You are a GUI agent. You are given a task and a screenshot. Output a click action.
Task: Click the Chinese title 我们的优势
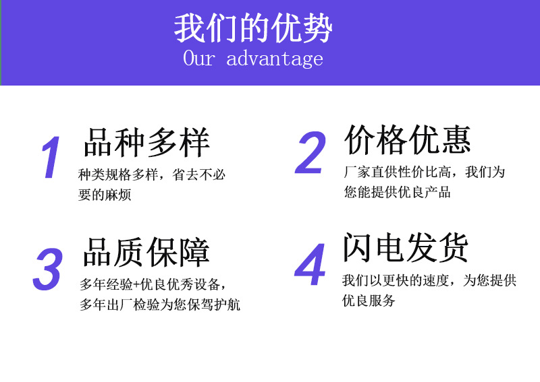253,29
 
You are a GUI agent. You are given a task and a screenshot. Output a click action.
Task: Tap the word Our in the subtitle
199,59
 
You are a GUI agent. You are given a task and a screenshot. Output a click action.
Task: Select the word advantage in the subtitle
275,59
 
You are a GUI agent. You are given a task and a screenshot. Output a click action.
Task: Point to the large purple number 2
311,154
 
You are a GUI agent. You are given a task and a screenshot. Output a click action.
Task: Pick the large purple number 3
48,269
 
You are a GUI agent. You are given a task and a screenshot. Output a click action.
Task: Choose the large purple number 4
310,267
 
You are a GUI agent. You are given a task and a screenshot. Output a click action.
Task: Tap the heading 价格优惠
408,139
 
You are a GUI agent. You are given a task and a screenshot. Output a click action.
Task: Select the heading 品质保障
146,252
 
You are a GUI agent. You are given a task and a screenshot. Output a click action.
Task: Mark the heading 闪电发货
405,248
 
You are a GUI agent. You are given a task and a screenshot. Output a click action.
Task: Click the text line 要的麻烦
105,195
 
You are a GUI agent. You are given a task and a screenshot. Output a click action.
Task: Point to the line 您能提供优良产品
398,192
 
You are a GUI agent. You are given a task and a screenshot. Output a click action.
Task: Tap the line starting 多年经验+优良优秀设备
158,284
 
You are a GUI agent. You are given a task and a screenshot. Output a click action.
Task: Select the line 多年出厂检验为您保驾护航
160,305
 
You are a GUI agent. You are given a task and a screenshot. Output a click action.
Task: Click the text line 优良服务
369,300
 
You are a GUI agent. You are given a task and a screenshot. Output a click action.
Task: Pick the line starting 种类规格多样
152,174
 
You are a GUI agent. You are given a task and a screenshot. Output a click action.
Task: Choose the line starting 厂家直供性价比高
425,172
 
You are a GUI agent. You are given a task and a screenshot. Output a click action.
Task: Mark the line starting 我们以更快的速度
429,280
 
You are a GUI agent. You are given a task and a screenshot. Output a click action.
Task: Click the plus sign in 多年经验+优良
139,284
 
